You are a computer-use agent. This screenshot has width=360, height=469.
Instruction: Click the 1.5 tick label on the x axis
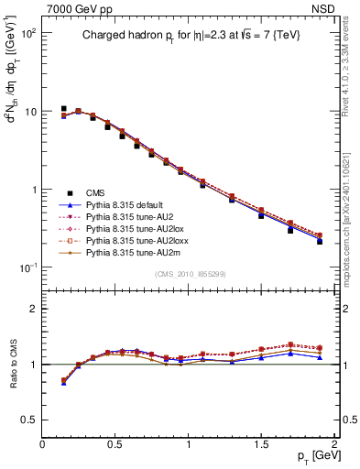tap(261, 444)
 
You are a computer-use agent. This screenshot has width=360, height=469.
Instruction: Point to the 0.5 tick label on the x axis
tap(115, 444)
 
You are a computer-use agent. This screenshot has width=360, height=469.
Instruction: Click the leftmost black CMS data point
tap(63, 108)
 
